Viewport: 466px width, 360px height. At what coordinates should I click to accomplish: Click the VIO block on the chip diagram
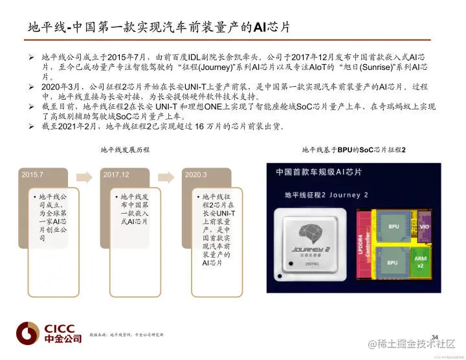[424, 227]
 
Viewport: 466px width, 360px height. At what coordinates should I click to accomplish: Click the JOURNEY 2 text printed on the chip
[311, 251]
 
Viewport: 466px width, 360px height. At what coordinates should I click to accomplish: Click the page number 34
[434, 335]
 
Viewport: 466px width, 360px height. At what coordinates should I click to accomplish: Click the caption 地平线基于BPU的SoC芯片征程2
[353, 150]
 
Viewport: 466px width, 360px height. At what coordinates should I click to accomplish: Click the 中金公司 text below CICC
[63, 339]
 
